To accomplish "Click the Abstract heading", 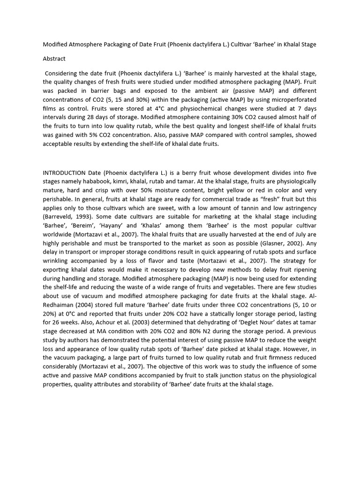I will coord(54,59).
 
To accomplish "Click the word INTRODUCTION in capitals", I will coord(64,172).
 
